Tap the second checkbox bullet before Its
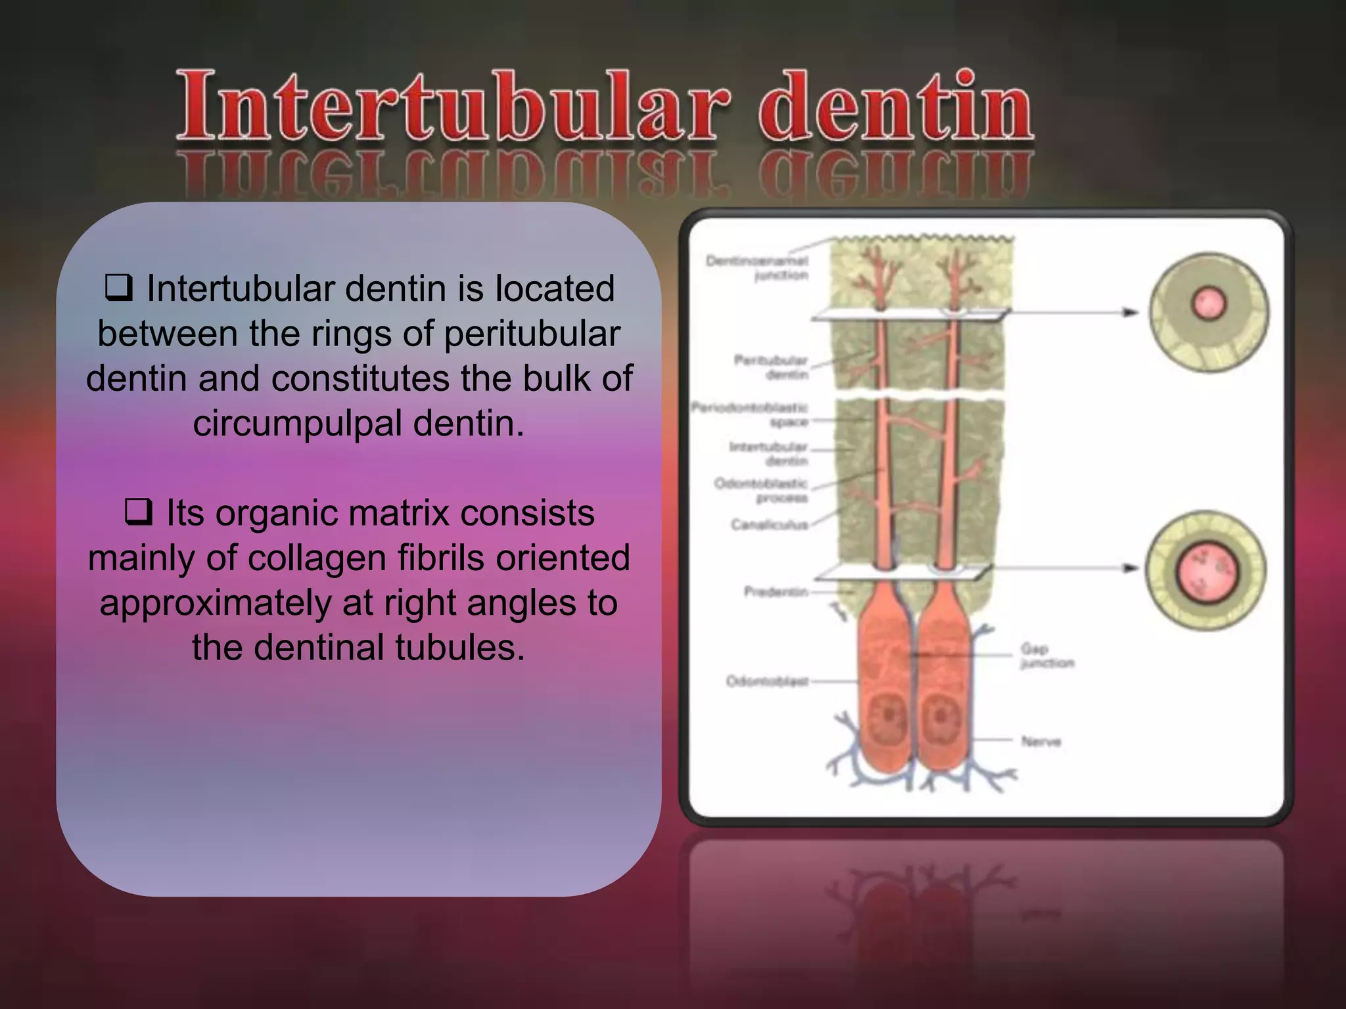coord(138,512)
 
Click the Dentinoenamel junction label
coord(757,268)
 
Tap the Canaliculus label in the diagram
coord(769,524)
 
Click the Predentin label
coord(776,592)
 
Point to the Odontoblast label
coord(767,681)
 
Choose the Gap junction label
coord(1046,656)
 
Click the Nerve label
coord(1041,742)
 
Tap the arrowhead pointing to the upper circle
coord(1130,312)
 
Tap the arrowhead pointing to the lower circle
coord(1130,568)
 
